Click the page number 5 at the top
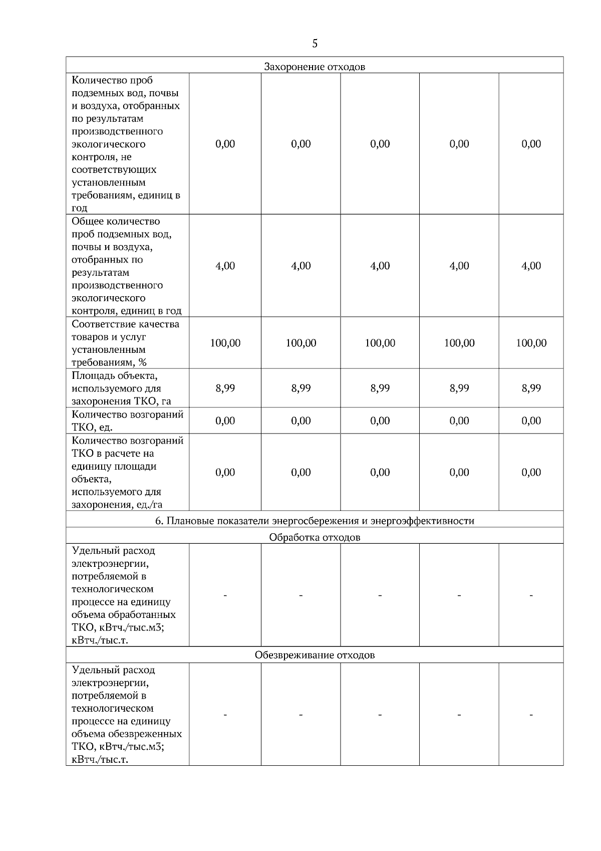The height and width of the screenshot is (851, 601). tap(315, 44)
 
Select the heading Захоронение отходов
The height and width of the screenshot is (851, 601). tap(315, 67)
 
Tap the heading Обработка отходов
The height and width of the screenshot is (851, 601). tap(315, 537)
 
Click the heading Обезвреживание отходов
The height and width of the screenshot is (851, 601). tap(315, 655)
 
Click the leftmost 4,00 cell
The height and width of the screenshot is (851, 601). tap(225, 266)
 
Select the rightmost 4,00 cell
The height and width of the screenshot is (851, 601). tap(531, 266)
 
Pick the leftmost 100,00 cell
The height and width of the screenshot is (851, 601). tap(225, 343)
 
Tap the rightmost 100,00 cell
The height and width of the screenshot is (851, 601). tap(531, 343)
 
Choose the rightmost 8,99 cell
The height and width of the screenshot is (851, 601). tap(531, 388)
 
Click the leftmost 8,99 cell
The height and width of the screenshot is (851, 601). tap(225, 388)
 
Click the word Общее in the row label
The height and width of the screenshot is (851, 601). tap(87, 222)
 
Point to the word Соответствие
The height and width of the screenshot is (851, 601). tap(102, 324)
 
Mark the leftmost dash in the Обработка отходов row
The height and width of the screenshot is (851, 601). tap(225, 595)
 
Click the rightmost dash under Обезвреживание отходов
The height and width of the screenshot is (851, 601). tap(531, 714)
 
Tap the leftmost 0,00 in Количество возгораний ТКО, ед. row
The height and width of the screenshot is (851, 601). tap(225, 420)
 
